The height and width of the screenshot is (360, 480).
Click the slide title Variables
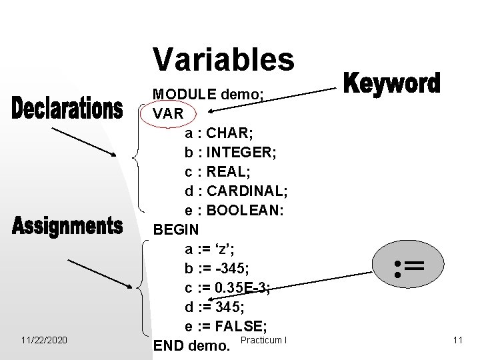click(x=223, y=59)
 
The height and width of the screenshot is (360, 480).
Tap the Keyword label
click(x=392, y=85)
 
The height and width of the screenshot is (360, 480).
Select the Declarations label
click(x=67, y=109)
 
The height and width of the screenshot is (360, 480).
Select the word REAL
click(x=229, y=173)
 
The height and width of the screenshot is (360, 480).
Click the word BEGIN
click(x=176, y=231)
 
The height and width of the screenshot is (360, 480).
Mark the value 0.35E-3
click(x=247, y=288)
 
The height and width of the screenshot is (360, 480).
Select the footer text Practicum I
click(x=265, y=341)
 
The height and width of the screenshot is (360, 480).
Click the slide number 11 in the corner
click(x=457, y=341)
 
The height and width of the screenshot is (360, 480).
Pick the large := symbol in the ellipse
click(x=408, y=268)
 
